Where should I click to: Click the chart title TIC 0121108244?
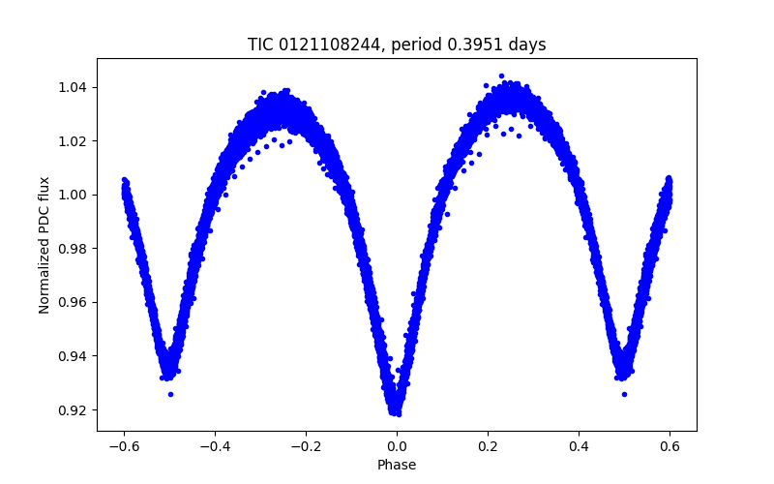coord(310,45)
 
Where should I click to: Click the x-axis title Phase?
coord(397,466)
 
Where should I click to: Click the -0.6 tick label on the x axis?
coord(123,446)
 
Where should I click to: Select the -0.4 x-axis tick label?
coord(214,446)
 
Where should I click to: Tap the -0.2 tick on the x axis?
coord(305,446)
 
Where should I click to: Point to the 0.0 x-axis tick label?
coord(397,446)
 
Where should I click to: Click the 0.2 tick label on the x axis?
coord(488,446)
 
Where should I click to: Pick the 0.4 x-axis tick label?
coord(579,446)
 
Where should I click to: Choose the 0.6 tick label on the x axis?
coord(670,446)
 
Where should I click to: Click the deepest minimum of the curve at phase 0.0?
coord(396,411)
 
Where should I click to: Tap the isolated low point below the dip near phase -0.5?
coord(170,394)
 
